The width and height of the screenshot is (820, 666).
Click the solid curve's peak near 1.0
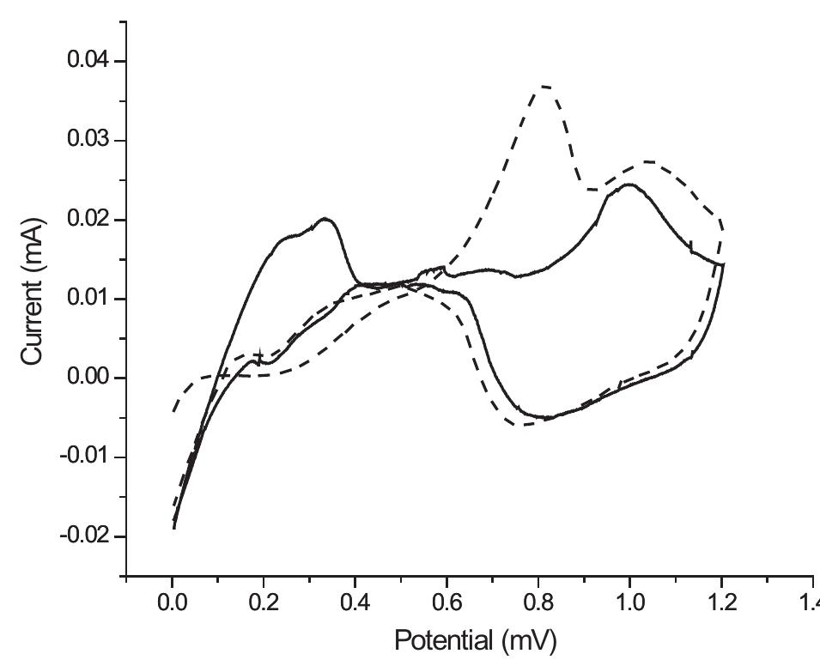[629, 184]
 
